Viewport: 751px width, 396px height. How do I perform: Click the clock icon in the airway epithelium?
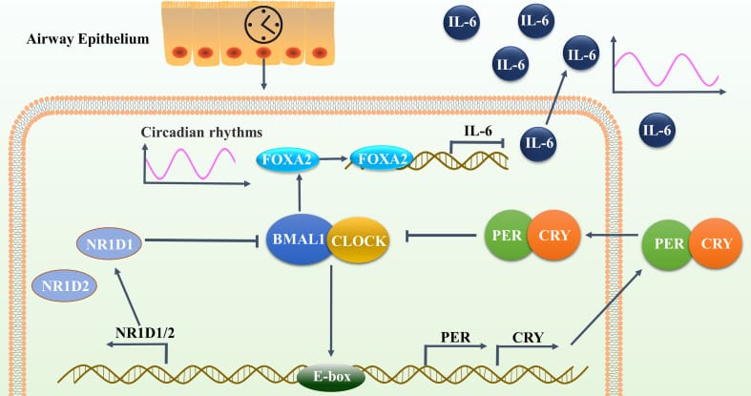[263, 25]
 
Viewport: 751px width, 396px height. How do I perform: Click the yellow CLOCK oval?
[360, 241]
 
